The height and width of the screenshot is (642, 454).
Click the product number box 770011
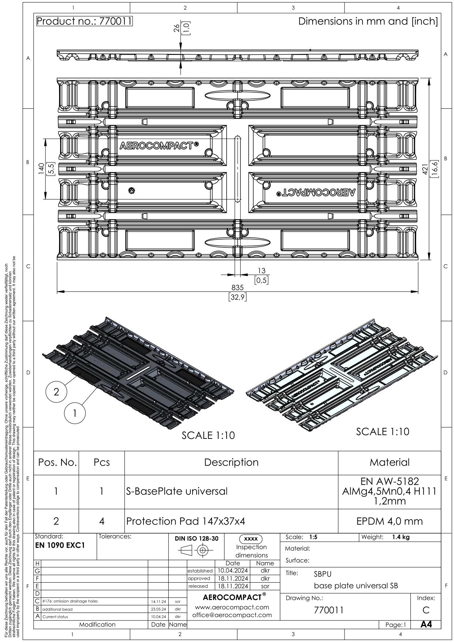click(x=84, y=21)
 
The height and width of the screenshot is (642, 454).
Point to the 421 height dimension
click(x=425, y=169)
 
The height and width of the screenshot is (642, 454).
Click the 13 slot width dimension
click(x=261, y=271)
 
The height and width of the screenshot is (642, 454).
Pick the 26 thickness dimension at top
click(x=176, y=28)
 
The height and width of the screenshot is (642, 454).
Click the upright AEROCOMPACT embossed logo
click(x=159, y=146)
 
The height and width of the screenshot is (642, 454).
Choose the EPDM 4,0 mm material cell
click(x=390, y=521)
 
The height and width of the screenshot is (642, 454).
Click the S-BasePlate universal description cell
click(x=177, y=491)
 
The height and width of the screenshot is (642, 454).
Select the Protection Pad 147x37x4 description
click(x=186, y=521)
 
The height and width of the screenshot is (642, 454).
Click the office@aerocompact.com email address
click(x=232, y=615)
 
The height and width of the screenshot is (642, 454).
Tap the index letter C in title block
click(x=426, y=610)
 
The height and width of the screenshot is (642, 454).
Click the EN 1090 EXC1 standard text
click(x=60, y=545)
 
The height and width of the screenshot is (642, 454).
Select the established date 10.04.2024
click(x=233, y=571)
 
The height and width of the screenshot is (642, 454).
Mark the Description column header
click(x=231, y=462)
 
